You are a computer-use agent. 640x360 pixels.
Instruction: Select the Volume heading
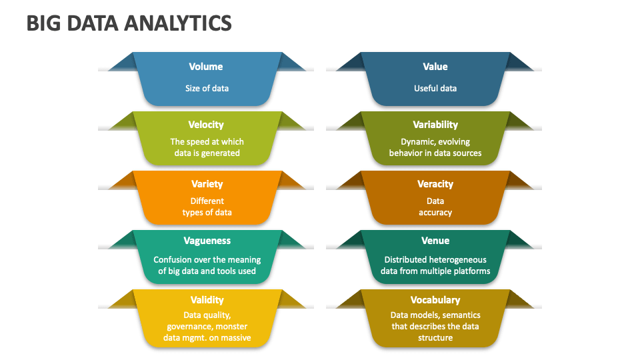[x=206, y=67]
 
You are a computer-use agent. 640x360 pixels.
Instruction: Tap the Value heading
[x=435, y=67]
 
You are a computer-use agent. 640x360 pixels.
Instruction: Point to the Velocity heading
[x=206, y=125]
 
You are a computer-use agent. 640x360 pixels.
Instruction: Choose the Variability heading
[x=435, y=125]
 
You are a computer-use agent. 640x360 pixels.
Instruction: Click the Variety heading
[x=207, y=184]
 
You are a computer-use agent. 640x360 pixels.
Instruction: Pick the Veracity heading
[x=435, y=184]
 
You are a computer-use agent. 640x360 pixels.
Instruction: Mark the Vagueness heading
[x=207, y=241]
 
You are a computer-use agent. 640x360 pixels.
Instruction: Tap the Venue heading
[x=435, y=241]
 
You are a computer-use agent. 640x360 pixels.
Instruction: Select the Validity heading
[x=207, y=301]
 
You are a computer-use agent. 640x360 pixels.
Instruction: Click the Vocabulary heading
[x=435, y=300]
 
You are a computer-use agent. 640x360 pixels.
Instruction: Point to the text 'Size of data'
[x=207, y=88]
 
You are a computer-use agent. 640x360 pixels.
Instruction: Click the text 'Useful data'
[x=435, y=88]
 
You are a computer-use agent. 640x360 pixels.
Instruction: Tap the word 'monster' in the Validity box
[x=231, y=327]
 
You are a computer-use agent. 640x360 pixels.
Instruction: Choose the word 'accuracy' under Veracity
[x=435, y=213]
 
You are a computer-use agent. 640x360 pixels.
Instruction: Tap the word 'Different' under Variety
[x=207, y=201]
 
